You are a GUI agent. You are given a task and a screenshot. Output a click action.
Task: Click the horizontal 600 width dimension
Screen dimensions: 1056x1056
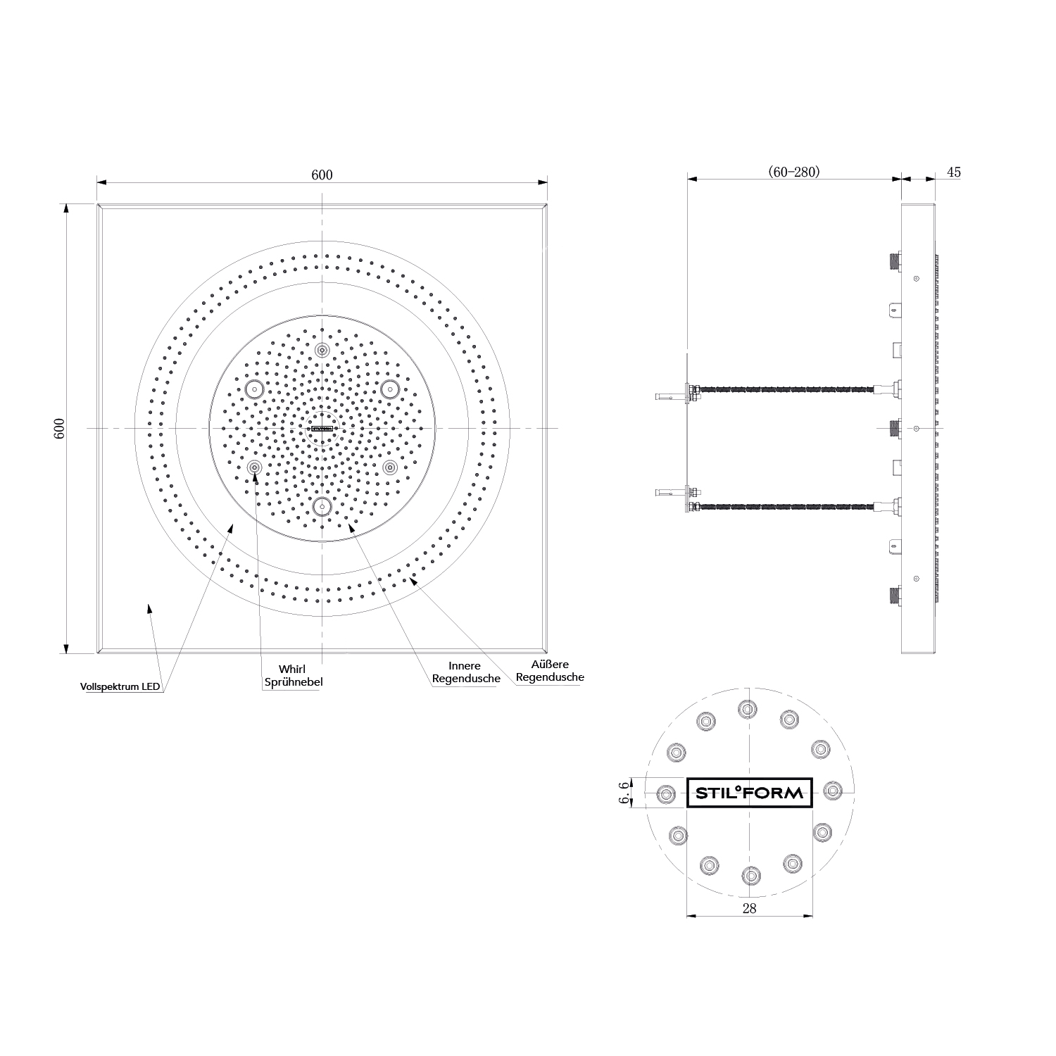[322, 175]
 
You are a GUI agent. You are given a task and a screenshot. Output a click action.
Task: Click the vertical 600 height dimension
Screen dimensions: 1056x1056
[60, 428]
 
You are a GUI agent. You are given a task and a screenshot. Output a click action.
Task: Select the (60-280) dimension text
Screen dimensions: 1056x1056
[793, 172]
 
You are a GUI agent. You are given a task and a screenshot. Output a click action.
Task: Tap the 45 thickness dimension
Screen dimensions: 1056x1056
[953, 172]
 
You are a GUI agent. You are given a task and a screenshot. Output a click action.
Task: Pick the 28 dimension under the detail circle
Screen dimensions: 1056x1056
[749, 908]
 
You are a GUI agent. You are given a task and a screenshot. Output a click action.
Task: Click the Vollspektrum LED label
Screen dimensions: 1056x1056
[120, 686]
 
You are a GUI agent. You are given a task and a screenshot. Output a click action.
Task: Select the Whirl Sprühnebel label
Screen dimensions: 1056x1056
[292, 675]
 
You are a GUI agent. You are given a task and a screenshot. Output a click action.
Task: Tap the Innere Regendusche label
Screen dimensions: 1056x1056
[465, 672]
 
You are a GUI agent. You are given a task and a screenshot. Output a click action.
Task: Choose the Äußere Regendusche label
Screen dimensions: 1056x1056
[550, 670]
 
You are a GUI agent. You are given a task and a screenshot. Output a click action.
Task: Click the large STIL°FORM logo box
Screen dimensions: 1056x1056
[749, 793]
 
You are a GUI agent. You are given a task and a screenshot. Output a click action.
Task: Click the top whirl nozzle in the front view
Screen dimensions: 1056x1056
[322, 351]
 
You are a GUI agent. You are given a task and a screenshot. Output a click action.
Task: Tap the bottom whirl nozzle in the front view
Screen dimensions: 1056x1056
[322, 505]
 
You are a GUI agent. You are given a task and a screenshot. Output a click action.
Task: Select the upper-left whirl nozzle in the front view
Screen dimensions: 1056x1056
[254, 388]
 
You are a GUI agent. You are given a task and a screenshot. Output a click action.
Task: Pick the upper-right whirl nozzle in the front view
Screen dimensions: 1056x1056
[389, 388]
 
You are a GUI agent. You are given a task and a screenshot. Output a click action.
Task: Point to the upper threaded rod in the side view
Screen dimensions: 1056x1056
[785, 389]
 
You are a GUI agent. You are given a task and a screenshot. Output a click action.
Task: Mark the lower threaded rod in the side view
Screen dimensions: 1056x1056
[785, 505]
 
